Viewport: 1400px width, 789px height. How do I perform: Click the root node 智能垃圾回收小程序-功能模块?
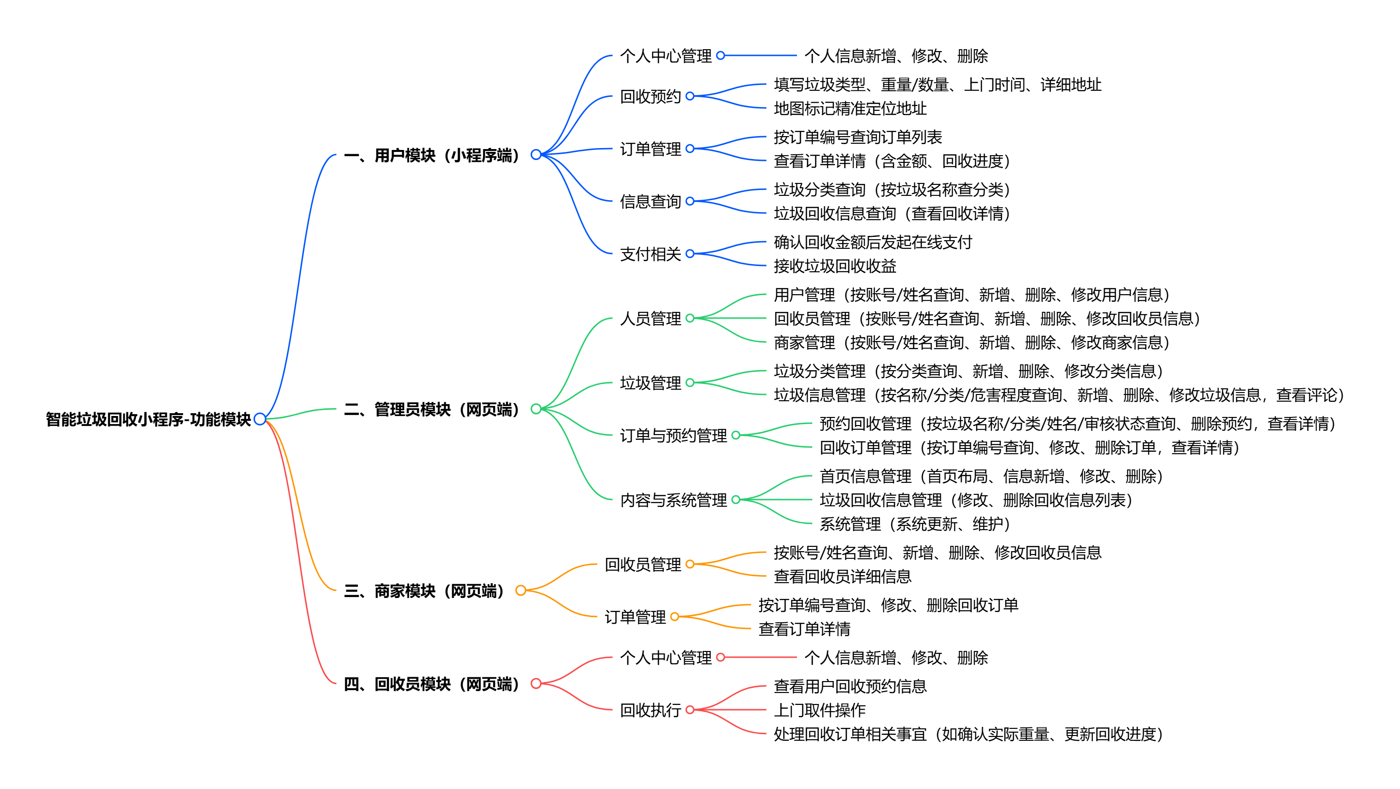[x=148, y=419]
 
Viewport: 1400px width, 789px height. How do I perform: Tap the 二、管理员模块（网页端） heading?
[x=432, y=409]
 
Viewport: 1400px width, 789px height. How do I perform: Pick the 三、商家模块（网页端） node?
[x=424, y=591]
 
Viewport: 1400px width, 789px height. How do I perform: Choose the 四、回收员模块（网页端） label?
[x=432, y=684]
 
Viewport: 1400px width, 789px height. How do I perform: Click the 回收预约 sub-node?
[x=650, y=97]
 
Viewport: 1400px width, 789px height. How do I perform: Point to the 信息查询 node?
[x=650, y=202]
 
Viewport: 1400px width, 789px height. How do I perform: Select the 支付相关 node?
[x=650, y=254]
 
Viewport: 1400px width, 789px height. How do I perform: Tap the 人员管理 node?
[x=650, y=319]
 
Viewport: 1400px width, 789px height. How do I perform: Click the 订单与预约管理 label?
[x=673, y=435]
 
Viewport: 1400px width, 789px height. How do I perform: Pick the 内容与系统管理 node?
[x=673, y=500]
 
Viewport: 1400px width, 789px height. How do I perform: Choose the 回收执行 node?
[x=650, y=710]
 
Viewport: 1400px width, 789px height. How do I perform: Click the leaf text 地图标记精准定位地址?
[x=850, y=109]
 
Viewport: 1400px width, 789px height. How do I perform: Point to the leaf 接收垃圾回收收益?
[x=835, y=266]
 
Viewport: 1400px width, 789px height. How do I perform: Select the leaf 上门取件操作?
[x=819, y=710]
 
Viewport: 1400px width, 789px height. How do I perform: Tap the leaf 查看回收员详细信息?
[x=842, y=576]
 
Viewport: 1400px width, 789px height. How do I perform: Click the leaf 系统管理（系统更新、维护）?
[x=914, y=524]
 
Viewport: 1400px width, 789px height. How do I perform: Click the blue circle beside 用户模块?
[x=536, y=155]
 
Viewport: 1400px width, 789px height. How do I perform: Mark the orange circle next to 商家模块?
[x=521, y=590]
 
